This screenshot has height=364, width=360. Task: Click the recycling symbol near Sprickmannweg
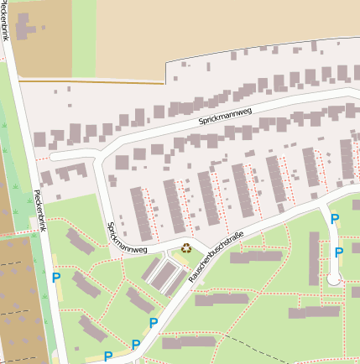186,247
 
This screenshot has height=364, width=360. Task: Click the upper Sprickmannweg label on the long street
225,115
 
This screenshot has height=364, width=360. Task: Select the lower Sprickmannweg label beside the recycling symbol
127,238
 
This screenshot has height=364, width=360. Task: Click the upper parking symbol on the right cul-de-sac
335,220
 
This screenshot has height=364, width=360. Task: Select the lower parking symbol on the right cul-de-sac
339,252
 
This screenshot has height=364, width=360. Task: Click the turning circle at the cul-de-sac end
334,281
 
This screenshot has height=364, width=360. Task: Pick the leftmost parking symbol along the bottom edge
108,356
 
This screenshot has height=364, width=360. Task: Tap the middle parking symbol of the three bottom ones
135,344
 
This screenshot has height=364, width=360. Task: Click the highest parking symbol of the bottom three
154,323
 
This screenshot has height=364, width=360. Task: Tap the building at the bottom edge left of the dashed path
189,342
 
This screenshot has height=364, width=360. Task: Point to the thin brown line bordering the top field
92,82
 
